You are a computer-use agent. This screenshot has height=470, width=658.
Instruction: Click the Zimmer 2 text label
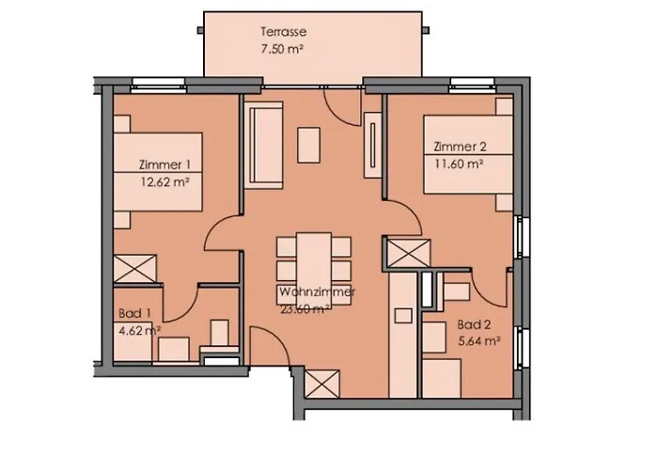coord(460,147)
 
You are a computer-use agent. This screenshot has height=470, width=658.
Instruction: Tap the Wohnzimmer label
coord(317,293)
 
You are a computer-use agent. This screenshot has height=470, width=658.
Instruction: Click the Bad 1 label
coord(131,313)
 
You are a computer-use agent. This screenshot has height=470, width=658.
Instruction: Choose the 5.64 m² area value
coord(478,341)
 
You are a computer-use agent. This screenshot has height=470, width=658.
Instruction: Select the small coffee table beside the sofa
coord(308,144)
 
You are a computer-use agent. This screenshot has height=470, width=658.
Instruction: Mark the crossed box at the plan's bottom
coord(319,383)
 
